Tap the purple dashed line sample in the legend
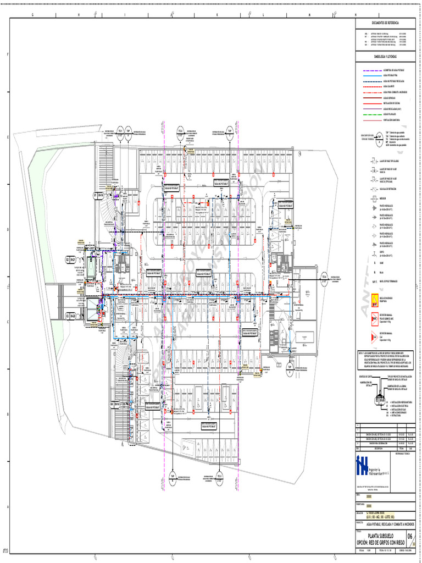click(375, 70)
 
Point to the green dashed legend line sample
click(375, 114)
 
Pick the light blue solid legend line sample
click(375, 75)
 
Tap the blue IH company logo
click(362, 465)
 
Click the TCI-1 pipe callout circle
click(120, 131)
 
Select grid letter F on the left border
click(7, 55)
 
